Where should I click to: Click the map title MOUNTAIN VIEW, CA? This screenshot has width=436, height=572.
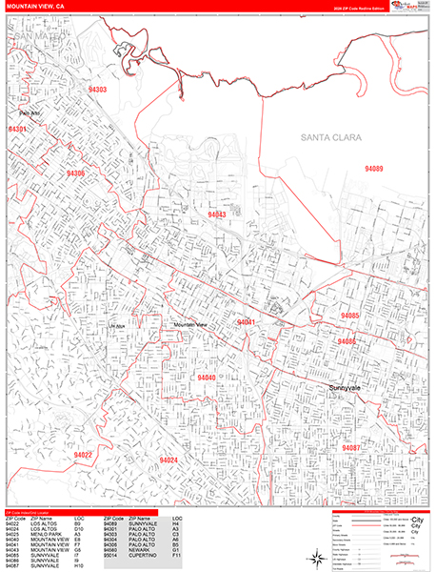click(34, 6)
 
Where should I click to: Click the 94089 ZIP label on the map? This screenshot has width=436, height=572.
click(373, 169)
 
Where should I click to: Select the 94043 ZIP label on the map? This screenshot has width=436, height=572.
click(217, 215)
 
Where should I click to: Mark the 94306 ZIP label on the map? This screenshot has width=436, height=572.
click(76, 174)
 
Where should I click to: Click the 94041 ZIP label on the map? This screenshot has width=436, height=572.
click(247, 323)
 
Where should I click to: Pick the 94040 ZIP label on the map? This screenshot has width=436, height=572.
click(206, 378)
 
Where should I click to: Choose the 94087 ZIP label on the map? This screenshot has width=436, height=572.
click(350, 447)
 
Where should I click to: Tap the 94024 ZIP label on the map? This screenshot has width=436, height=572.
click(168, 460)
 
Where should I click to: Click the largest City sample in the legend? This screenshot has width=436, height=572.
click(416, 520)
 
